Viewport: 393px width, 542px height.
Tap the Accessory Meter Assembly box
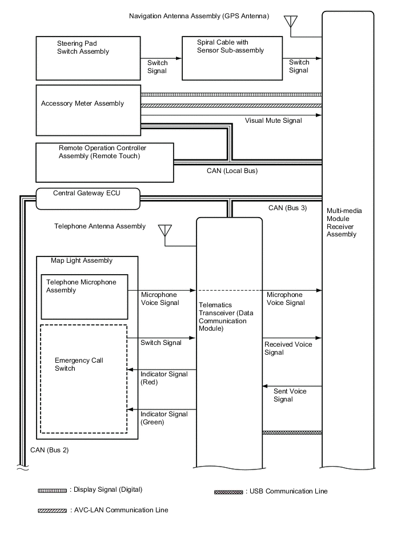pos(88,110)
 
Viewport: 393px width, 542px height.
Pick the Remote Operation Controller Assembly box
pos(104,162)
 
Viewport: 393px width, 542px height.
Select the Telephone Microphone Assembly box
pos(85,297)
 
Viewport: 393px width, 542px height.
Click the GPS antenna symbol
pos(290,22)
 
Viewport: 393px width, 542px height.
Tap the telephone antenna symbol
pos(165,231)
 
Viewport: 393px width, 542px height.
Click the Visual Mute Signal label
pos(273,121)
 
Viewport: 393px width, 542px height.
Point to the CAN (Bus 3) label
pos(287,207)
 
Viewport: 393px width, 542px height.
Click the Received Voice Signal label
pos(288,348)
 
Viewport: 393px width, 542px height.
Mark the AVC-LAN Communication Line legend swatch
pos(53,510)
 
